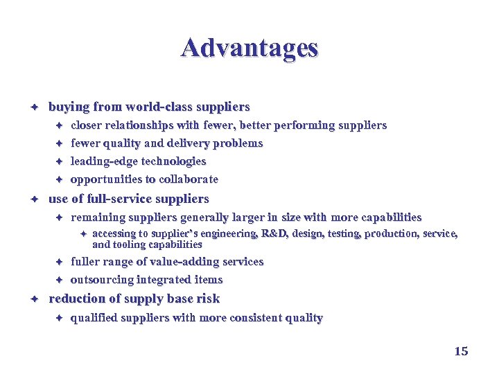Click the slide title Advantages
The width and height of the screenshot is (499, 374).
249,48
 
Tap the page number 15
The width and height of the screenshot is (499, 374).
461,351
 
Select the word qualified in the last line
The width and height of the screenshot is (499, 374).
94,318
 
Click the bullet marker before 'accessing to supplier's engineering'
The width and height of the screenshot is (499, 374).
81,234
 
